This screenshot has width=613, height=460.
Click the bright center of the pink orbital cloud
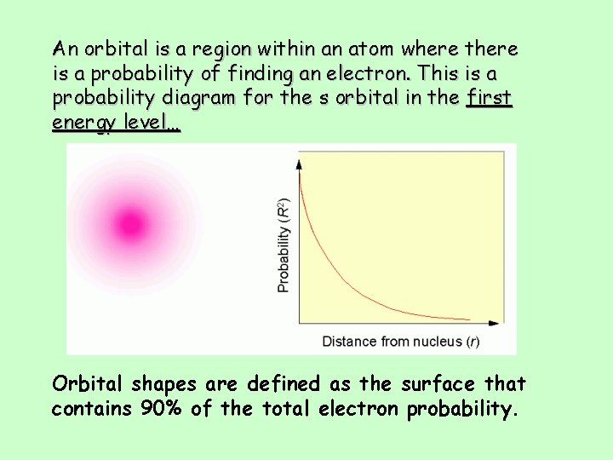130,225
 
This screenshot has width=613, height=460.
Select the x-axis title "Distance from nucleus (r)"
400,342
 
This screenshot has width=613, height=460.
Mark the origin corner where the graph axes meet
299,324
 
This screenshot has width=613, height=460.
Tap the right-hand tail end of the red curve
469,319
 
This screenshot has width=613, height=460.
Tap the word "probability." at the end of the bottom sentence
462,409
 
